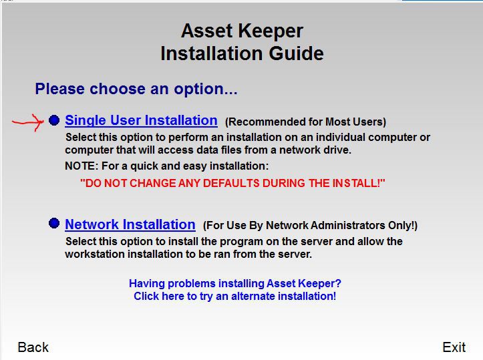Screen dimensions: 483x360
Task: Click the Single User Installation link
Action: (x=141, y=120)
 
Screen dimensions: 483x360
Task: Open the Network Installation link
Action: (x=130, y=224)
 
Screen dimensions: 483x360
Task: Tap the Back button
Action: (x=33, y=347)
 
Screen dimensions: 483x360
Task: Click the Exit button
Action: (x=454, y=347)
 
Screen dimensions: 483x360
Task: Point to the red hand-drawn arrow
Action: (x=28, y=122)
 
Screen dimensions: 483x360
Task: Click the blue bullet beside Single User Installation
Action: (x=54, y=120)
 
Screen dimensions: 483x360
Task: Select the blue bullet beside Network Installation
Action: (x=54, y=223)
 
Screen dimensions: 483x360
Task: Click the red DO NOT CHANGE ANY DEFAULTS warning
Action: (x=232, y=183)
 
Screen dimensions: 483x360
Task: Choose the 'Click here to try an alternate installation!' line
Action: (x=234, y=297)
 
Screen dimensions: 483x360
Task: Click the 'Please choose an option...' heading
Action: (x=136, y=89)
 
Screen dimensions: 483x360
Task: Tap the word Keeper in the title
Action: (x=271, y=31)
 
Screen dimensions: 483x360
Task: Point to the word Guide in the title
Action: (x=297, y=53)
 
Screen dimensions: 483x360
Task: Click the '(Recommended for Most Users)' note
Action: (x=305, y=122)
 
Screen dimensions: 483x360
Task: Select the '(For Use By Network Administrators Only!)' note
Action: (x=310, y=226)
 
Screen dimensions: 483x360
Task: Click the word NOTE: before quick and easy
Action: (x=82, y=166)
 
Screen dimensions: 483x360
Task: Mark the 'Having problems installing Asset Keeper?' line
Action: (x=235, y=283)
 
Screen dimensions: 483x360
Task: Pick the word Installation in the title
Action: (x=212, y=53)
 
